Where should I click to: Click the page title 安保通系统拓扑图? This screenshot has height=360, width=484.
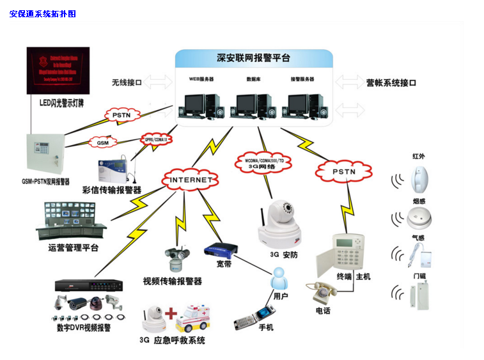tap(42, 13)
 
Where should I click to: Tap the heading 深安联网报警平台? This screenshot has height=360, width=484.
tap(254, 58)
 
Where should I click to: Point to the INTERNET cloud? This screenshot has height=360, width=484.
tap(190, 180)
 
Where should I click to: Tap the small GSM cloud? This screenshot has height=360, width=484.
tap(102, 143)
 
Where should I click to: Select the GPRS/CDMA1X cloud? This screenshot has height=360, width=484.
tap(156, 139)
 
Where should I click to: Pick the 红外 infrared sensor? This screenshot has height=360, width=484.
tap(420, 180)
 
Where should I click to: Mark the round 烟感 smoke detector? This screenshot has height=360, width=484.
tap(419, 219)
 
